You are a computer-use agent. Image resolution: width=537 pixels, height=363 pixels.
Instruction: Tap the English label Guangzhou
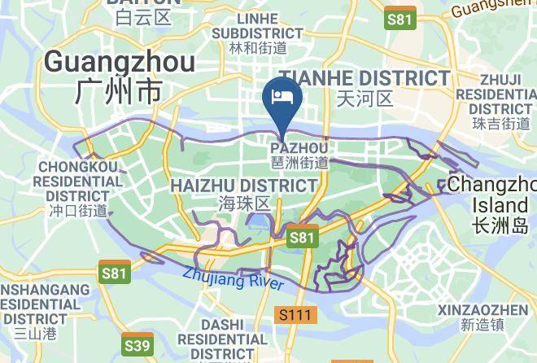pos(120,62)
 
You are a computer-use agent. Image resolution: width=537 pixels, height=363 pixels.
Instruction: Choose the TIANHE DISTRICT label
pos(364,78)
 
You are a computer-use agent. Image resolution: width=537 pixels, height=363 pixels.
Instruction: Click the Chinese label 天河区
pos(364,99)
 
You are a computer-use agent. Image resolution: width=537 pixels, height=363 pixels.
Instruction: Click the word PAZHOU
pos(299,147)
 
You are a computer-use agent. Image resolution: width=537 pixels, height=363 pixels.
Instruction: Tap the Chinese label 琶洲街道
pos(299,162)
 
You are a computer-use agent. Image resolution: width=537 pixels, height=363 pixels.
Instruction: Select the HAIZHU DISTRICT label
pos(244,186)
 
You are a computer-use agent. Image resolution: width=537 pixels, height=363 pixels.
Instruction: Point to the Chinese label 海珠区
pos(244,203)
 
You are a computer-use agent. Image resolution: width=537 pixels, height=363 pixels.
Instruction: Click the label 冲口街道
pos(78,210)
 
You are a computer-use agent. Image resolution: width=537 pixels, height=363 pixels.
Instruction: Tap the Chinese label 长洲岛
pos(500,222)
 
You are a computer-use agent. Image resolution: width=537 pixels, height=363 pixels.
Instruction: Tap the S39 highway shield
pos(137,345)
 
